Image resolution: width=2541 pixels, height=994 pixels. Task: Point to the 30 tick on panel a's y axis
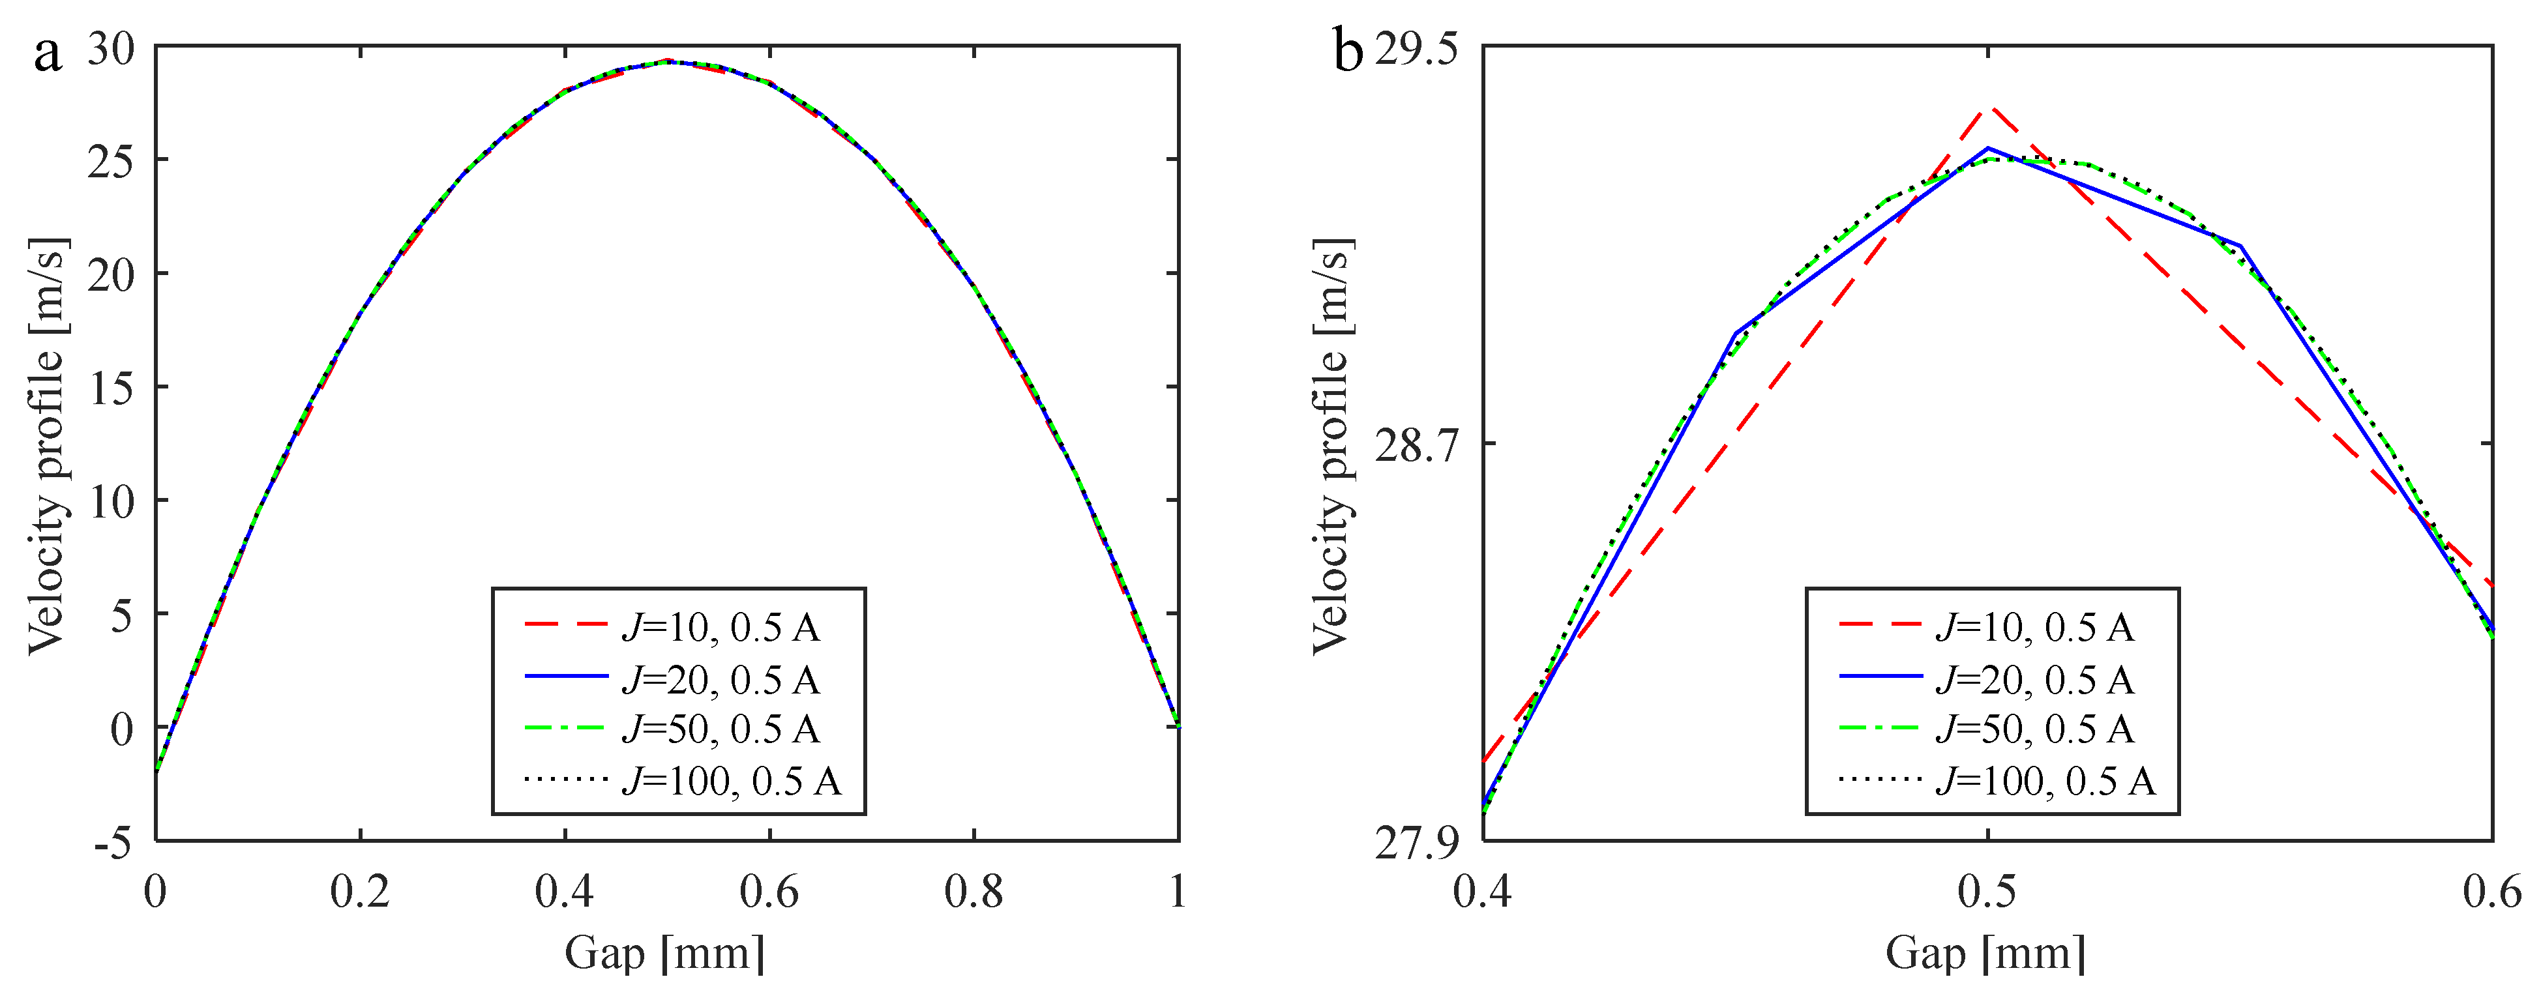[110, 48]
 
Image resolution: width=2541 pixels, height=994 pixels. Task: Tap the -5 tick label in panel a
[112, 843]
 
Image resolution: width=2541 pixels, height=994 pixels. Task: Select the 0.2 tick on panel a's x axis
[360, 892]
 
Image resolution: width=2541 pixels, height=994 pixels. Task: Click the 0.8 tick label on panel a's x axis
[973, 892]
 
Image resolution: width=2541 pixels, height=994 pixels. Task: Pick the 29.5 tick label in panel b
[1416, 48]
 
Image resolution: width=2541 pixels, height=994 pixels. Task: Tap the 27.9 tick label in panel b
[1416, 844]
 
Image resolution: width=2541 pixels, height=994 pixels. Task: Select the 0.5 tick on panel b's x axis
[1987, 892]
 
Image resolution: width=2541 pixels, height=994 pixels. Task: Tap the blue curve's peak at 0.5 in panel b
[1987, 149]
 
